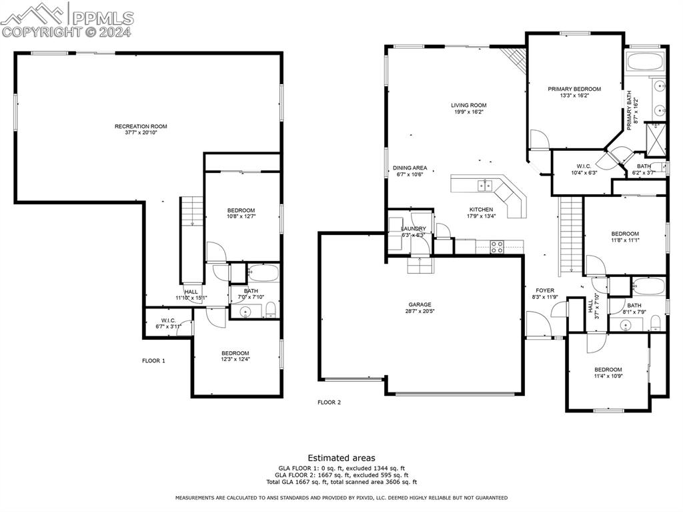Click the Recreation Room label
(x=141, y=126)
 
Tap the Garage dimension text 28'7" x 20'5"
(x=420, y=311)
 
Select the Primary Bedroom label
(x=574, y=89)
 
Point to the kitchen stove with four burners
(x=497, y=247)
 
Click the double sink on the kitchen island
(x=485, y=186)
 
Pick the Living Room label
(x=469, y=105)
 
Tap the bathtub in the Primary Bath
(x=646, y=61)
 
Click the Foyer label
(x=545, y=290)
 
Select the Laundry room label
(x=414, y=229)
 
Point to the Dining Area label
(x=410, y=168)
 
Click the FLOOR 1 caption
(x=154, y=361)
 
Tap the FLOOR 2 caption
(x=329, y=403)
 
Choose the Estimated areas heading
(x=341, y=459)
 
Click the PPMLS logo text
(x=103, y=18)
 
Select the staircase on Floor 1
(x=192, y=212)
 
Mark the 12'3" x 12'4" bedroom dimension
(x=235, y=359)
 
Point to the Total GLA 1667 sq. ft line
(x=341, y=483)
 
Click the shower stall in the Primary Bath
(x=656, y=140)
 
